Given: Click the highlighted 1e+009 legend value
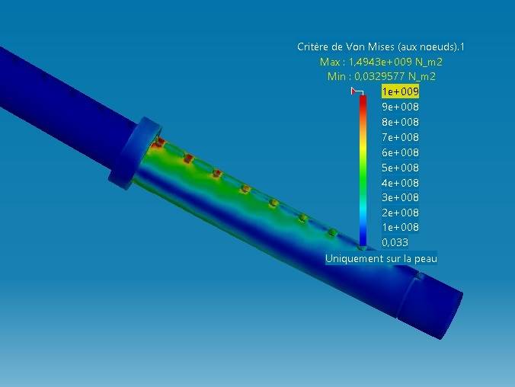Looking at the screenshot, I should pyautogui.click(x=399, y=92).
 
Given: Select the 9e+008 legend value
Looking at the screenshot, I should pyautogui.click(x=399, y=107).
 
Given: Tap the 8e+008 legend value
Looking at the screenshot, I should pyautogui.click(x=399, y=123).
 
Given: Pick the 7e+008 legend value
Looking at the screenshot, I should pyautogui.click(x=399, y=138).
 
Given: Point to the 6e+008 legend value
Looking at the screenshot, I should pyautogui.click(x=399, y=152).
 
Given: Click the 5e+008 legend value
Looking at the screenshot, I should pyautogui.click(x=399, y=168).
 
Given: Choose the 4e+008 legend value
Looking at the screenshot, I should pyautogui.click(x=399, y=183).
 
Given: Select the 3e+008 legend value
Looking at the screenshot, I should pyautogui.click(x=399, y=198).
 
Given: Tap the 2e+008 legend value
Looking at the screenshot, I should pyautogui.click(x=399, y=213).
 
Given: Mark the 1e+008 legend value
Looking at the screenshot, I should pyautogui.click(x=399, y=228).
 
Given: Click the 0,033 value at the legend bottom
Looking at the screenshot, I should pyautogui.click(x=395, y=243).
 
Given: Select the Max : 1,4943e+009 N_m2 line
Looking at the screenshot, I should pyautogui.click(x=380, y=62).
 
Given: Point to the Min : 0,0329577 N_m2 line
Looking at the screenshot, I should pyautogui.click(x=380, y=76).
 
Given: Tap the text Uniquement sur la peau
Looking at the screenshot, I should pyautogui.click(x=380, y=259).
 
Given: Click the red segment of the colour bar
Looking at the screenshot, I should pyautogui.click(x=363, y=107).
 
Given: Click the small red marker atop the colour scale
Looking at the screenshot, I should pyautogui.click(x=355, y=91).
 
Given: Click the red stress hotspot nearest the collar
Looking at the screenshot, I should pyautogui.click(x=159, y=142).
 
